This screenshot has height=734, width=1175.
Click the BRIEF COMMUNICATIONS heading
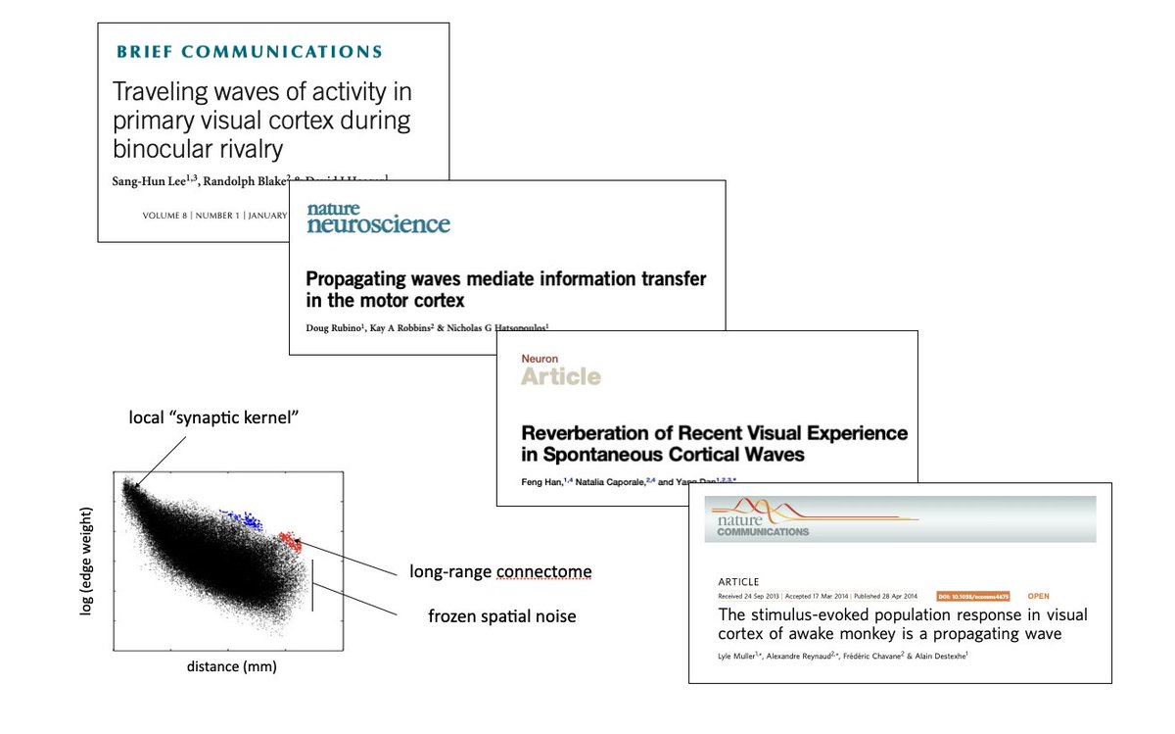pos(249,52)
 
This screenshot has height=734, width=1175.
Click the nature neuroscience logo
pos(378,218)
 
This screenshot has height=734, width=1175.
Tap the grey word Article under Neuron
pos(560,376)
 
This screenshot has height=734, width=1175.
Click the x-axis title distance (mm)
pos(231,667)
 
